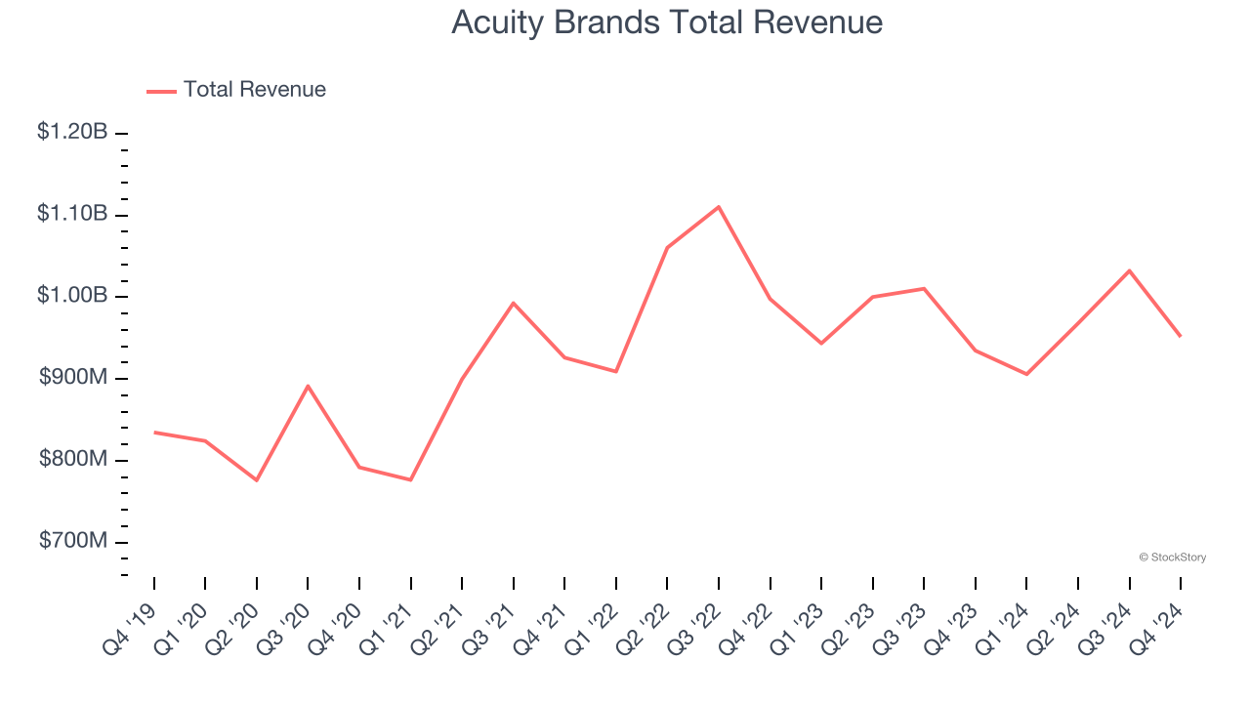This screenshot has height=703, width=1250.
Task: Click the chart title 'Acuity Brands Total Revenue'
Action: pos(667,22)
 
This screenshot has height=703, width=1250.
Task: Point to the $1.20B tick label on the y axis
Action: pos(72,132)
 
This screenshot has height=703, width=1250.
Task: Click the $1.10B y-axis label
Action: pos(72,214)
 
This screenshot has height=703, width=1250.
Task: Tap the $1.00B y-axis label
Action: pos(72,296)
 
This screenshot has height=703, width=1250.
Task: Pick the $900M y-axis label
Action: pos(73,378)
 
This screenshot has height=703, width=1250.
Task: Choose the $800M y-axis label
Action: pos(73,460)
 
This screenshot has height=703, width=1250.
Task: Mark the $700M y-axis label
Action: pos(73,542)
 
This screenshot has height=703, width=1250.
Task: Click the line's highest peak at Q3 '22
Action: pos(719,207)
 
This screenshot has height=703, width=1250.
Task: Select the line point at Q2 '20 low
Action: pos(257,480)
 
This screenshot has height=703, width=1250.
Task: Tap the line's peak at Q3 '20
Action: pos(308,386)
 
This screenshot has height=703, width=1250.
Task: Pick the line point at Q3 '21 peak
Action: pos(514,303)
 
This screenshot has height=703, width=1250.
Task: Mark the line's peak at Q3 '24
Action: pos(1130,270)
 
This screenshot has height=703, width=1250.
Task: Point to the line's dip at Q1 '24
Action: pos(1026,374)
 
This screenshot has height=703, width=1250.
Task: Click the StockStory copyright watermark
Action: pos(1172,558)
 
